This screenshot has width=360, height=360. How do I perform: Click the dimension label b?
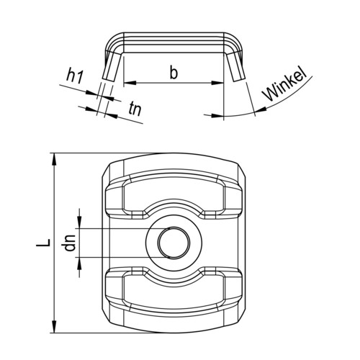point(174,71)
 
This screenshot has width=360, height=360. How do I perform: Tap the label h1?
point(75,76)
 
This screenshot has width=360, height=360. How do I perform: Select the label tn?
point(135,109)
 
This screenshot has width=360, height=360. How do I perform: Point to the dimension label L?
point(43,243)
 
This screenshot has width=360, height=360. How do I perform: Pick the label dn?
point(70,243)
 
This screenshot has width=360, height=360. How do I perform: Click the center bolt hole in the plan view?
point(174,243)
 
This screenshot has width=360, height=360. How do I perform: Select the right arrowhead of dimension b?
point(217,83)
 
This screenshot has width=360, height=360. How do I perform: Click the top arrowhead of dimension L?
point(55,159)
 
